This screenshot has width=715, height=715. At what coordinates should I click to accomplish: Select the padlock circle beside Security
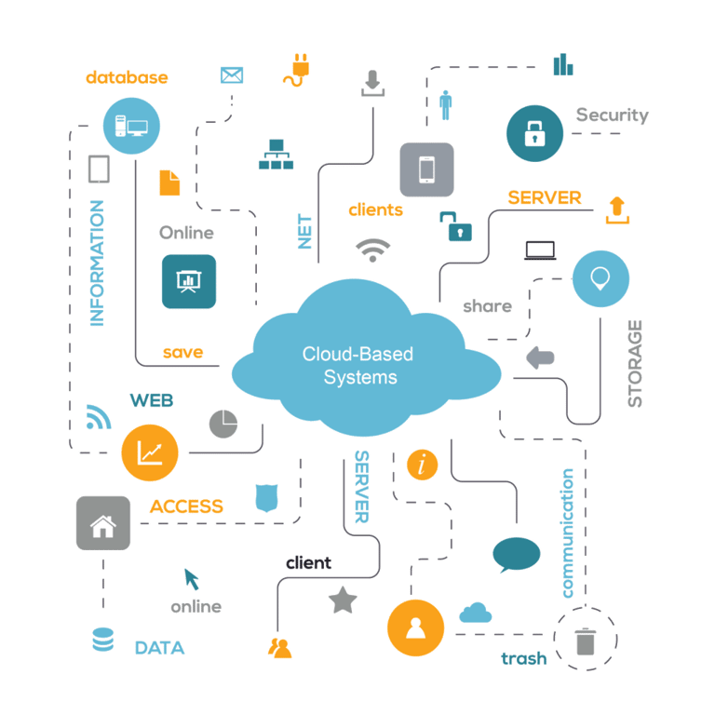(x=533, y=132)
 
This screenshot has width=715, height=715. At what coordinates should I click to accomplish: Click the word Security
(x=611, y=115)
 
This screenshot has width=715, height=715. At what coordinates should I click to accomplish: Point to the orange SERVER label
(x=545, y=198)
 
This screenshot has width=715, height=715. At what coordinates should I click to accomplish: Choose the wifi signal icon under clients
(x=373, y=250)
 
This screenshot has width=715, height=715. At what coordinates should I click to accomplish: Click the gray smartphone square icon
(x=426, y=169)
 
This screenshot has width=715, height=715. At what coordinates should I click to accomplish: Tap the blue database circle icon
(x=132, y=125)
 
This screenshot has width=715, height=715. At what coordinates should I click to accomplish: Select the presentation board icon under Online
(x=188, y=280)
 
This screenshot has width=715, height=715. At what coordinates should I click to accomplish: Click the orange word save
(x=183, y=353)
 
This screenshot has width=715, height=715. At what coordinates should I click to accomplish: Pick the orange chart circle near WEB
(x=149, y=452)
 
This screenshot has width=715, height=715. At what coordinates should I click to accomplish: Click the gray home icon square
(x=102, y=523)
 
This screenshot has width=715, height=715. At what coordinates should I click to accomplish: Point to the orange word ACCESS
(x=186, y=507)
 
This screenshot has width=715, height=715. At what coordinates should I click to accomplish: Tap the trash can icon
(x=585, y=641)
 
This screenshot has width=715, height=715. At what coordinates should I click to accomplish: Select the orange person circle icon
(x=415, y=627)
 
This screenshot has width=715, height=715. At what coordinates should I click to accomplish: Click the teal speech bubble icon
(x=516, y=554)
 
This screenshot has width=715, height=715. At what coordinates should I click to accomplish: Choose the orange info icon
(x=423, y=463)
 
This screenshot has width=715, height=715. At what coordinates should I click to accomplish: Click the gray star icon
(x=343, y=600)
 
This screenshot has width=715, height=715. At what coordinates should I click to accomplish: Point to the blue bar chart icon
(x=563, y=63)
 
